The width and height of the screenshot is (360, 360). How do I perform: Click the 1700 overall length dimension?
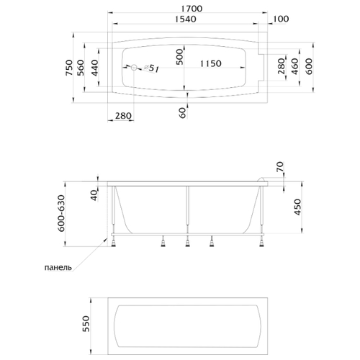(x=192, y=9)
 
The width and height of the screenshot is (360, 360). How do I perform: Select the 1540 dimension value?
(x=185, y=19)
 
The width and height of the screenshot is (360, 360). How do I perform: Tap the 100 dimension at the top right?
(x=281, y=19)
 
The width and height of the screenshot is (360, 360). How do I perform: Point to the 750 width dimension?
(x=69, y=68)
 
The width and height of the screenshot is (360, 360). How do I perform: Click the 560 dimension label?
(x=81, y=68)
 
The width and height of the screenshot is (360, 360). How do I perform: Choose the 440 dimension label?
(x=95, y=68)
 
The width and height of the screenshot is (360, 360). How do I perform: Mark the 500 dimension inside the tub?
(x=179, y=57)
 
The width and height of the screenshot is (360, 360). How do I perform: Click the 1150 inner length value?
(x=210, y=63)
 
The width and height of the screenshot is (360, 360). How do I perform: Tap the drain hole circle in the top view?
(x=134, y=68)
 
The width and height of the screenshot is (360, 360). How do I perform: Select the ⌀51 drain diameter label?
(x=152, y=68)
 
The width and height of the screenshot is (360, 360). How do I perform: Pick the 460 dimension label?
(x=295, y=66)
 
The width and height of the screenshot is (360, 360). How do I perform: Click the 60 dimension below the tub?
(x=182, y=112)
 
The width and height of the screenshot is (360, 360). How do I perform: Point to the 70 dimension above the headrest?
(x=280, y=167)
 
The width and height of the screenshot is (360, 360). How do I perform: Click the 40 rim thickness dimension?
(x=95, y=196)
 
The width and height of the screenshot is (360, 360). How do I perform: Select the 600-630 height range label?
(x=61, y=213)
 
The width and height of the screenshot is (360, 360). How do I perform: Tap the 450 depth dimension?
(x=297, y=207)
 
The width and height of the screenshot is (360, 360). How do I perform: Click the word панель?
(x=58, y=267)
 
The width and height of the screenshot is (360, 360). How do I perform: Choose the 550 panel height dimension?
(x=86, y=324)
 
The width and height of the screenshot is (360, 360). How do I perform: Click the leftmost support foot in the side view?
(x=113, y=242)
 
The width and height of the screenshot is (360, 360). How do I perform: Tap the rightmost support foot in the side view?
(x=261, y=242)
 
